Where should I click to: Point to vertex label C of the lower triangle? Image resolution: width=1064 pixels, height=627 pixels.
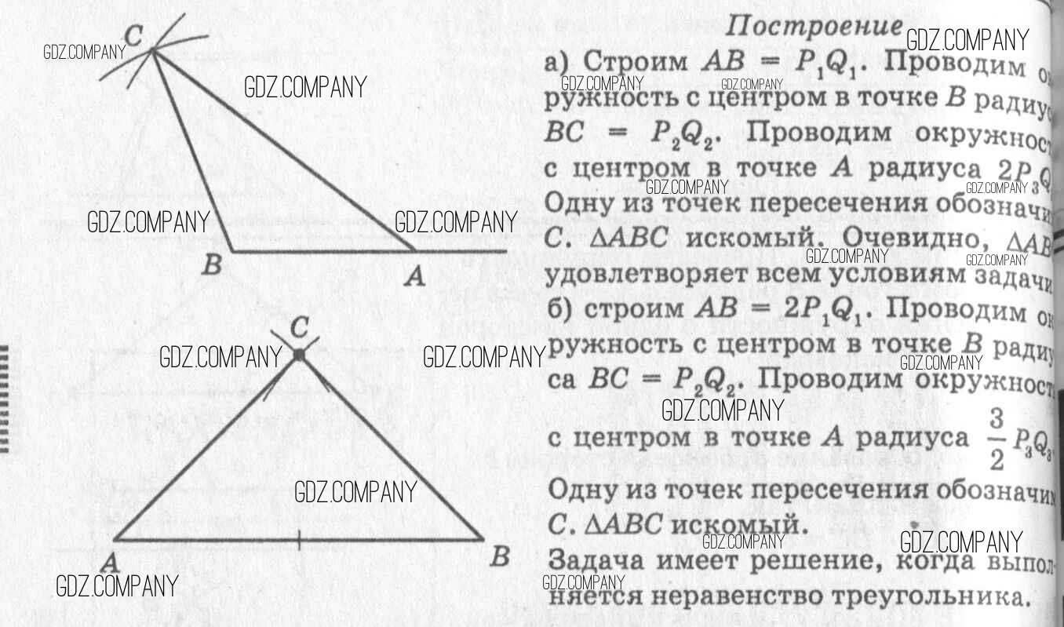click(x=299, y=327)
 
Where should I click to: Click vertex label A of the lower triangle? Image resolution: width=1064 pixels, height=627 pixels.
click(x=109, y=563)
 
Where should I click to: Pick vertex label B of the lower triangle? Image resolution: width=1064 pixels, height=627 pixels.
click(x=499, y=558)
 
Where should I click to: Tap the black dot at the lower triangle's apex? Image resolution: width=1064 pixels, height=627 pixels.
click(x=298, y=355)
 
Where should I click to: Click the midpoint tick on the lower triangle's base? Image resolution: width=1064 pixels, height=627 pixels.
click(x=299, y=539)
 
